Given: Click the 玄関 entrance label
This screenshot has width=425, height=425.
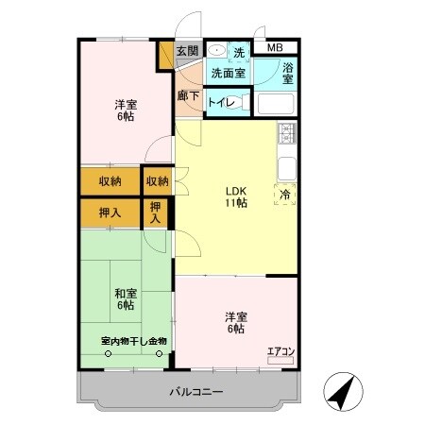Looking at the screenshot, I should click(187, 51).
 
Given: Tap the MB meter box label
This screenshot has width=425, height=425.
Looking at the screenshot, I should click(273, 47).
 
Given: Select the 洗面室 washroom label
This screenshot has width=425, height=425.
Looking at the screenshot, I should click(227, 73).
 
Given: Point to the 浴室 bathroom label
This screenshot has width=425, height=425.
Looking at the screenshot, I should click(288, 73).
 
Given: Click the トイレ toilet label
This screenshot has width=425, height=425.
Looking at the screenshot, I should click(221, 101).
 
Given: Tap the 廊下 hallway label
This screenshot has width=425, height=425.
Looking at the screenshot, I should click(187, 95).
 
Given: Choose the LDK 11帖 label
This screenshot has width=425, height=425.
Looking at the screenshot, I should click(235, 195).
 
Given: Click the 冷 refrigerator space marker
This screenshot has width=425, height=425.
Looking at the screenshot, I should click(285, 195).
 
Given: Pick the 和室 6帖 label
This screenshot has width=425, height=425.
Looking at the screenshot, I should click(124, 298).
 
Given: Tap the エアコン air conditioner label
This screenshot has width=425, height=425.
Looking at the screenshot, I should click(280, 352).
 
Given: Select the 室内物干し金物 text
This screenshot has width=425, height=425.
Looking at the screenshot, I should click(133, 341).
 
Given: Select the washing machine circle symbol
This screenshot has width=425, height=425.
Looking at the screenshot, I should click(216, 51).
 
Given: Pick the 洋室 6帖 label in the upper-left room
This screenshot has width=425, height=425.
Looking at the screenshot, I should click(124, 110).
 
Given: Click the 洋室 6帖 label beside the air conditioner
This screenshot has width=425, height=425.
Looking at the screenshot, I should click(235, 322).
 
